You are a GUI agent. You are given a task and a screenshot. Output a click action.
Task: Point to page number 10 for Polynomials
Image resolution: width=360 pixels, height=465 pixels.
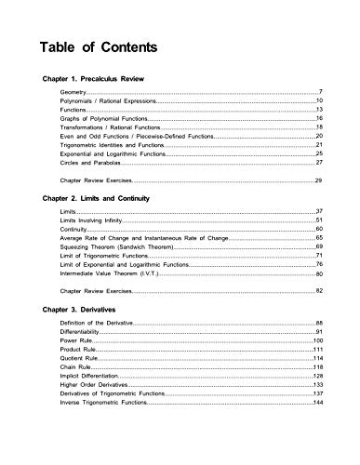(319, 100)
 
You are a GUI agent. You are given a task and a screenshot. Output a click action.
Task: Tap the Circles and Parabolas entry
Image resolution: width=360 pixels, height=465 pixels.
(92, 163)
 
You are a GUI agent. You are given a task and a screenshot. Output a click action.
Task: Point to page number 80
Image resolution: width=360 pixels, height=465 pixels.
(319, 274)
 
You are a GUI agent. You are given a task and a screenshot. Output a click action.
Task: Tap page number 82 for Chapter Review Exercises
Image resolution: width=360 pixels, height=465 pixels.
(319, 290)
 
